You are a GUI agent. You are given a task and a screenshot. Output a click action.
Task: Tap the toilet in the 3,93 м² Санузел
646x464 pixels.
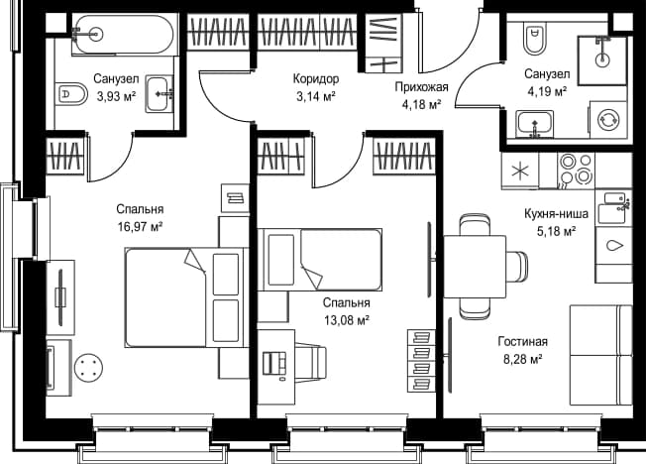pos(71,94)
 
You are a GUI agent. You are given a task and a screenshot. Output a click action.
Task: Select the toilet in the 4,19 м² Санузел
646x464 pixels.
pos(534,38)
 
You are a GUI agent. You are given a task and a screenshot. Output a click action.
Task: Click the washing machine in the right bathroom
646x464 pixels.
pos(608,119)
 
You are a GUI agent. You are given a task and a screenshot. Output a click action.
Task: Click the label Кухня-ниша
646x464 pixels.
pos(556,213)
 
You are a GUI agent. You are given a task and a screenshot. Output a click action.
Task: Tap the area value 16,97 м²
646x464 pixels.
pos(141,226)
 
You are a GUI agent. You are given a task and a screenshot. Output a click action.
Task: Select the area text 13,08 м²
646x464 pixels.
pos(346,320)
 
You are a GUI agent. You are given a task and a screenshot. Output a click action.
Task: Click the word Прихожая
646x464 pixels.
pos(421,87)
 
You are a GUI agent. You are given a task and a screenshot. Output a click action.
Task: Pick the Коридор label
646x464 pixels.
pos(316,78)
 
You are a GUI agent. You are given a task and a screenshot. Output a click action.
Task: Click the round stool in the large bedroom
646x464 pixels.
pos(88,368)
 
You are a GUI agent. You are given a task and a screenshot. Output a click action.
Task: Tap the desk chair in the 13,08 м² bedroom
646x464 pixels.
pos(311,359)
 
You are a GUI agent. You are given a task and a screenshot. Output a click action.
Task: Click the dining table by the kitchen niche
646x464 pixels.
pos(475,267)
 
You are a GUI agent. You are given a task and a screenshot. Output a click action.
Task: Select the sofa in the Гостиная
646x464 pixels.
pos(600,355)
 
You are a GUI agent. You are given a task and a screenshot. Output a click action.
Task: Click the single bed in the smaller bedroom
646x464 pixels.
pos(320,260)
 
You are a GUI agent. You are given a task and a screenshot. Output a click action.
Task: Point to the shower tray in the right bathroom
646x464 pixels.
pos(602,60)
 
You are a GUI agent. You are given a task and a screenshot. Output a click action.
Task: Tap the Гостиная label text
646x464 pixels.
pos(523,341)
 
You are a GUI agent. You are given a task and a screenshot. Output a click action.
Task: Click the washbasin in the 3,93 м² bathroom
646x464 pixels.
pos(160,93)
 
